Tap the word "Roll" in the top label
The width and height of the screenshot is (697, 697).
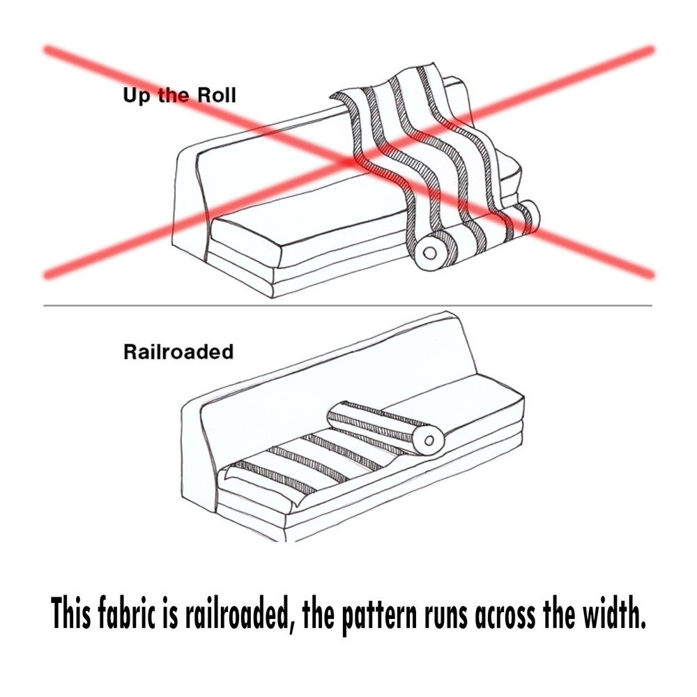(216, 95)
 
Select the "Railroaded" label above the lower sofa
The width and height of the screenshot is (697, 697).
(178, 351)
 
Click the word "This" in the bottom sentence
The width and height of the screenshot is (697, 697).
(70, 613)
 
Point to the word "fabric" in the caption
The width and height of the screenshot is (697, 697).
(126, 613)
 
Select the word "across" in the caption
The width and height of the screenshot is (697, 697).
(505, 616)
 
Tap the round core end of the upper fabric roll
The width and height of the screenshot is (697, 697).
(430, 254)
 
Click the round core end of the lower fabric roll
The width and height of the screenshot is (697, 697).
(429, 441)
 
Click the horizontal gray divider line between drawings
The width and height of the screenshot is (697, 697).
(348, 306)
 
